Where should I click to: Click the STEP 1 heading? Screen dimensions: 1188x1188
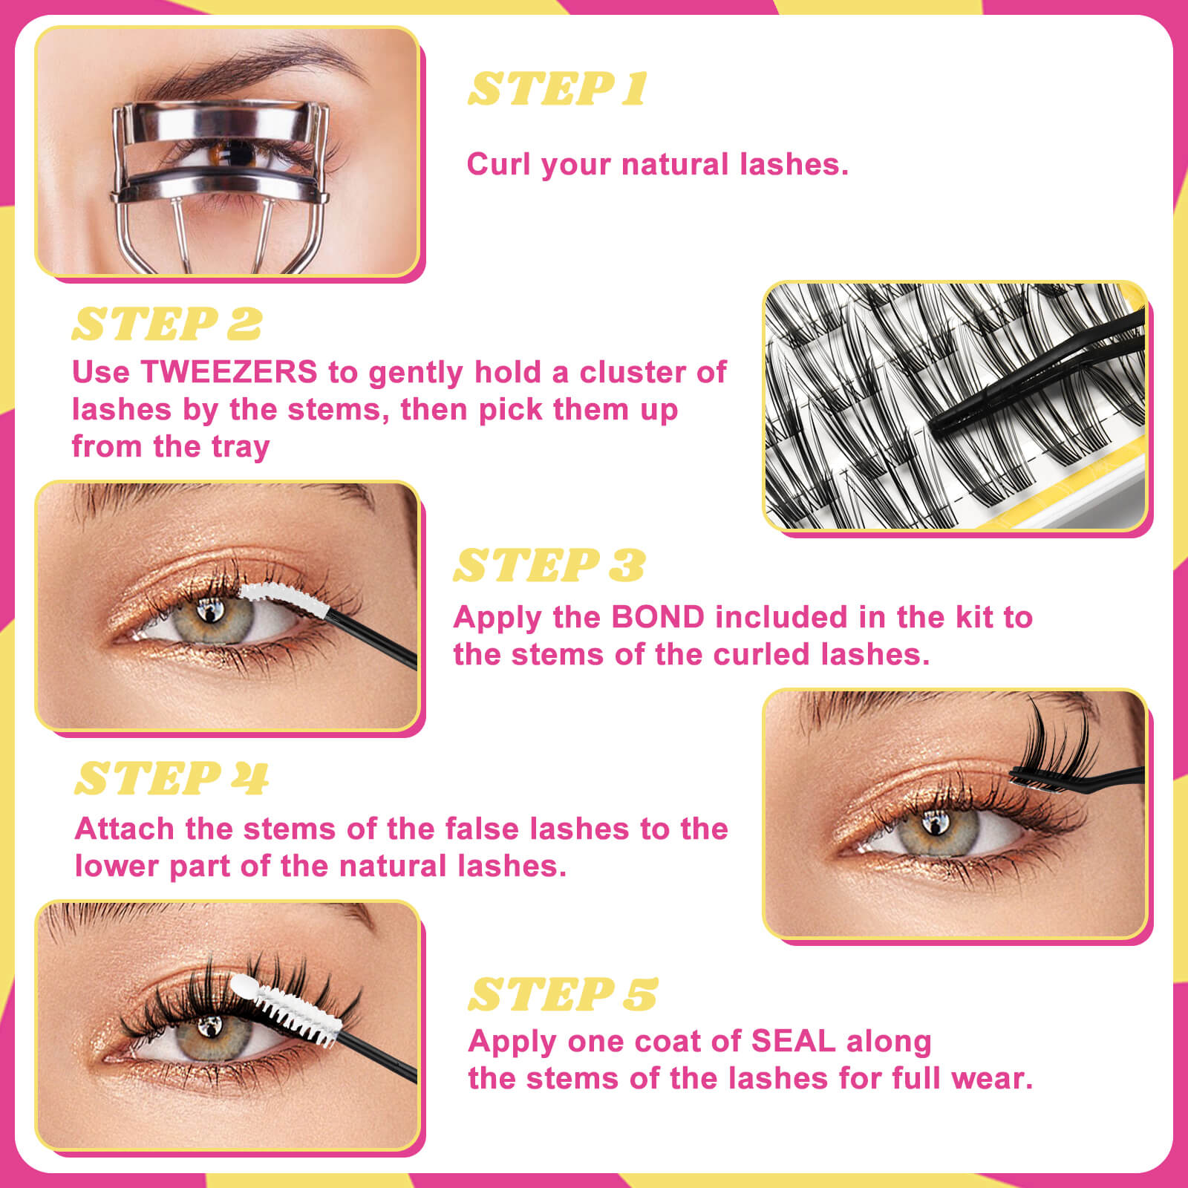coord(558,89)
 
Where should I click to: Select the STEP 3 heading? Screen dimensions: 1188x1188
coord(549,566)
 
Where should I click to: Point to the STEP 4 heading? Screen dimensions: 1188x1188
coord(172,778)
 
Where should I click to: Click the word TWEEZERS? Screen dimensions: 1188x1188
coord(229,372)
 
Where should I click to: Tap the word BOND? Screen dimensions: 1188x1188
coord(658,617)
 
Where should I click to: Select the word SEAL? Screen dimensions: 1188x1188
coord(793,1041)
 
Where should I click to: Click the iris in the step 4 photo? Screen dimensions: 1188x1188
coord(936,830)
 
